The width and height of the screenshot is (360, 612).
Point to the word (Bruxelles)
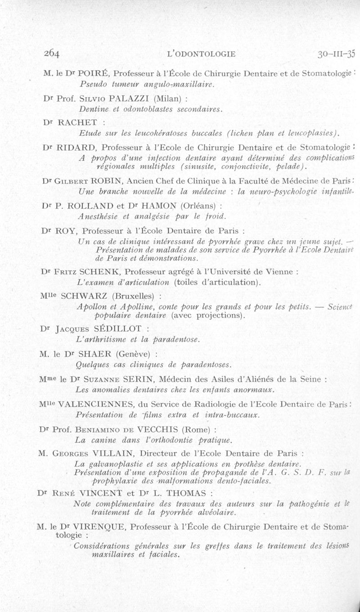click(134, 296)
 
